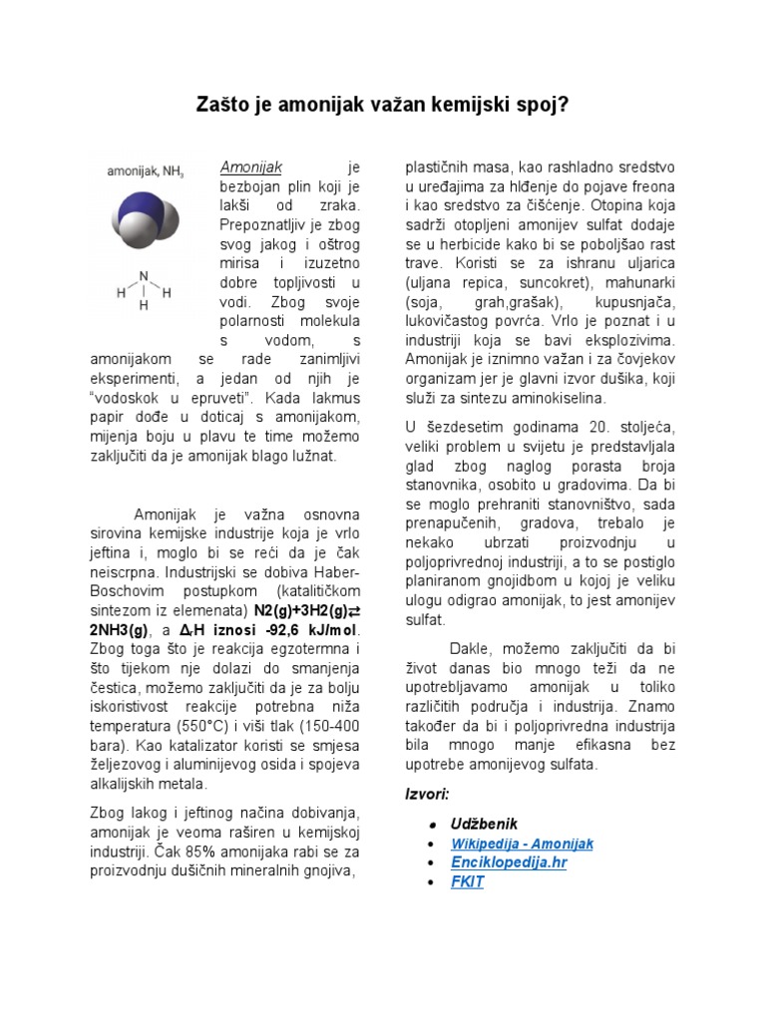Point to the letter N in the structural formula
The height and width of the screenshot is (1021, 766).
[144, 276]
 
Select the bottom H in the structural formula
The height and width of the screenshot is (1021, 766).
[144, 306]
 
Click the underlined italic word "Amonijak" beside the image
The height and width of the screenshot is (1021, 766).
[251, 166]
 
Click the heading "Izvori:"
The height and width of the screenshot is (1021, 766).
[427, 794]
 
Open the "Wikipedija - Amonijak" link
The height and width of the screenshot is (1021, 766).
[522, 844]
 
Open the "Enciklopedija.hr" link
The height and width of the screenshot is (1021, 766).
[509, 862]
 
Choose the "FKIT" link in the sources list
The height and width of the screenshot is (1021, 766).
[468, 882]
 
